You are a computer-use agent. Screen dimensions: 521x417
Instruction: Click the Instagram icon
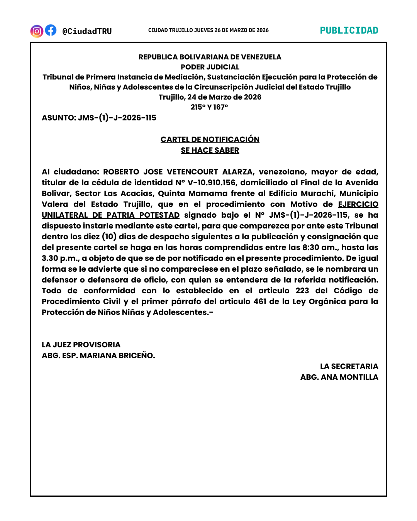37,31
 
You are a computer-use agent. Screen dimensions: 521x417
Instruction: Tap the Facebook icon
51,30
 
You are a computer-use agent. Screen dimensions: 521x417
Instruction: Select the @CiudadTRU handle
87,31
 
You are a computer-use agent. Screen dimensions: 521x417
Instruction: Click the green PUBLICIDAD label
349,30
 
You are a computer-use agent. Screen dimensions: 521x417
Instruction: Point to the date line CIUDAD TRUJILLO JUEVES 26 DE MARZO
208,30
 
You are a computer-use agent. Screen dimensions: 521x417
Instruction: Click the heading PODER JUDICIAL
210,67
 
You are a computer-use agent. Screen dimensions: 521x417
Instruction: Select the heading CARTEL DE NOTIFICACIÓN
210,139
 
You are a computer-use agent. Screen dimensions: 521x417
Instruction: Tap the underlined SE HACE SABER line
210,150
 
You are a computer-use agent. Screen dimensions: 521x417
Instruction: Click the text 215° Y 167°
209,107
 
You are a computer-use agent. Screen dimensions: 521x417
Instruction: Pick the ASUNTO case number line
99,118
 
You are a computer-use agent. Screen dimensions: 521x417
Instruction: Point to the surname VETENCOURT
192,172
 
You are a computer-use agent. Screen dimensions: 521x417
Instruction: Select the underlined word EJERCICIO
358,204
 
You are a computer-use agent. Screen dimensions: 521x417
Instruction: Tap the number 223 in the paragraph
302,291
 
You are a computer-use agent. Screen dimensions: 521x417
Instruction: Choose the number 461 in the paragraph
260,301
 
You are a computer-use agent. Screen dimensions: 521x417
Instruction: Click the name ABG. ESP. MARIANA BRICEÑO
98,355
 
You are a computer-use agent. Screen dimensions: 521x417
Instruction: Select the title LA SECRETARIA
349,366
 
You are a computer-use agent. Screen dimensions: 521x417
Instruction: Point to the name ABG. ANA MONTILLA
339,377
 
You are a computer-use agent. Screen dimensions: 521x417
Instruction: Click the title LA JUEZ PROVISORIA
81,345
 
